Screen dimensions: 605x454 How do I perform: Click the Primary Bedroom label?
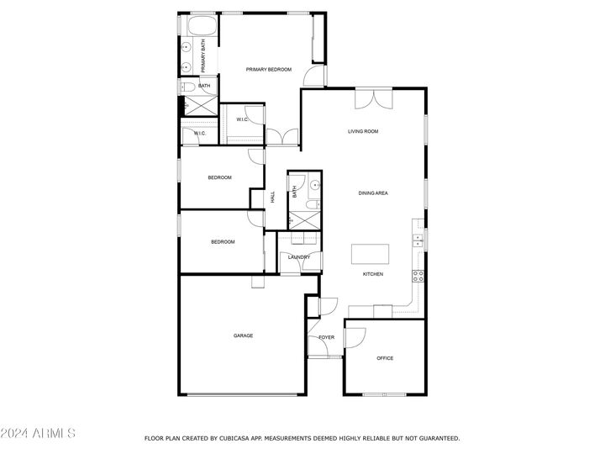[x=269, y=70]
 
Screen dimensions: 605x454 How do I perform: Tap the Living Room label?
[x=363, y=131]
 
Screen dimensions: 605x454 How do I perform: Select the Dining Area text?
[x=373, y=193]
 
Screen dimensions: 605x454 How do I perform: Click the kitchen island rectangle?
[x=370, y=254]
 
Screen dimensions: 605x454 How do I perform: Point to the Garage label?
[x=243, y=335]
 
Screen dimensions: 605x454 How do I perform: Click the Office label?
[x=385, y=358]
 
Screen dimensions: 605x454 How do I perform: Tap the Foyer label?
[x=326, y=337]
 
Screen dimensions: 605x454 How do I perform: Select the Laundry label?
[x=299, y=257]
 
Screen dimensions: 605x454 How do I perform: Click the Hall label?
[x=273, y=198]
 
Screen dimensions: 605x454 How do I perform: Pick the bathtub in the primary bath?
[x=203, y=25]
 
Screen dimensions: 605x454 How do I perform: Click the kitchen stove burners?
[x=418, y=276]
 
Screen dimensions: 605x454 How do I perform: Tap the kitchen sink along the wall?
[x=418, y=240]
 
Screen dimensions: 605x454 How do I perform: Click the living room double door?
[x=374, y=99]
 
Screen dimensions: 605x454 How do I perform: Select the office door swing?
[x=355, y=338]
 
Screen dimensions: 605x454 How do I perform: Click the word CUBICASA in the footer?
[x=234, y=439]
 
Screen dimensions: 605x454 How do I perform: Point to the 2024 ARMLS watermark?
[x=38, y=433]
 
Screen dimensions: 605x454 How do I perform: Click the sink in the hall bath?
[x=315, y=185]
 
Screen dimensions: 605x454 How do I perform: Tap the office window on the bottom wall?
[x=385, y=394]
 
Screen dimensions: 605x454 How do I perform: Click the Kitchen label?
[x=373, y=274]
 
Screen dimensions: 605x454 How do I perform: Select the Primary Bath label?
[x=203, y=56]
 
